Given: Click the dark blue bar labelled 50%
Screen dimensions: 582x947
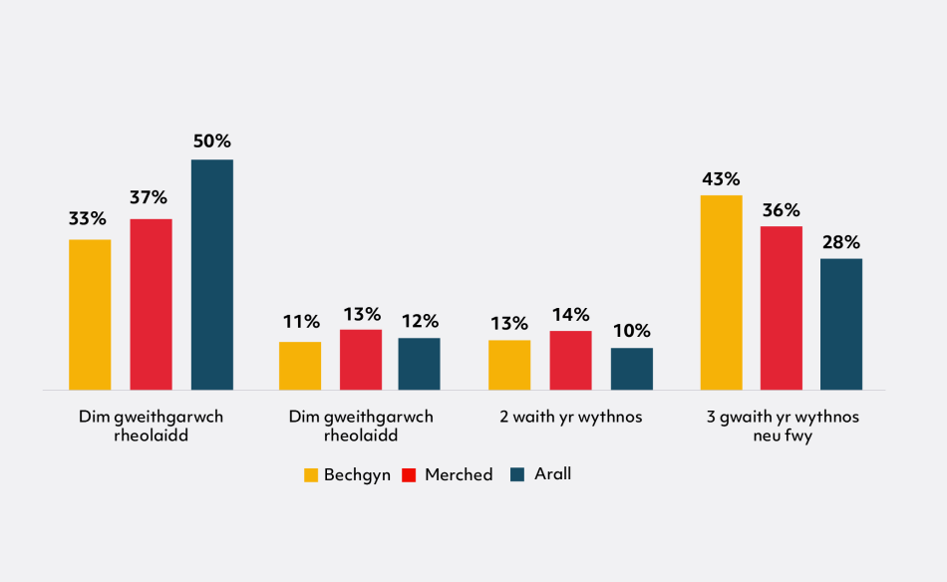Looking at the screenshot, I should click(211, 274).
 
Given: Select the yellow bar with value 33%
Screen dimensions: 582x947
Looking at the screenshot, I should click(90, 314).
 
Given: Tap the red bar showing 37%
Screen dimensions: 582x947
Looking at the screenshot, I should click(151, 304).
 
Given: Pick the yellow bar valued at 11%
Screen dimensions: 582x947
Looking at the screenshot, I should click(300, 366).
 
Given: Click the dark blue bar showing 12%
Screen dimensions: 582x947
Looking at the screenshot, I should click(419, 364).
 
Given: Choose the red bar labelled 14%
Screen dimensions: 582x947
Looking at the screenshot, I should click(571, 360).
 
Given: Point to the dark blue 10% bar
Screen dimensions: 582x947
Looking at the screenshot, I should click(631, 369).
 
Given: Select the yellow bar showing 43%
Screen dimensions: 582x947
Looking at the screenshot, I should click(721, 292).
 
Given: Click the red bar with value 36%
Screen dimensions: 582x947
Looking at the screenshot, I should click(781, 308).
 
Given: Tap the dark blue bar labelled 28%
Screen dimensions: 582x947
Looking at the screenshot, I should click(840, 324).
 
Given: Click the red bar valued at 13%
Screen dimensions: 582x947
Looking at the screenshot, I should click(360, 359).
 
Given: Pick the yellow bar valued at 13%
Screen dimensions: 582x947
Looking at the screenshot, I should click(509, 365).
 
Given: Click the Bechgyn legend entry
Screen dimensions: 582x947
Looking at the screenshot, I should click(347, 475).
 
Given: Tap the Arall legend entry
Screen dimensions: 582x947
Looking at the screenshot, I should click(540, 474).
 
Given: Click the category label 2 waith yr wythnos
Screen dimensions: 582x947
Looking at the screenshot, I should click(570, 418).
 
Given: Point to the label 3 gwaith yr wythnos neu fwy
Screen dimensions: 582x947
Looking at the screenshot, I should click(782, 427).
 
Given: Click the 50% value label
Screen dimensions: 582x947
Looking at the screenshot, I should click(211, 142).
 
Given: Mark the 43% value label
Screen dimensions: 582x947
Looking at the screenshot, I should click(721, 179).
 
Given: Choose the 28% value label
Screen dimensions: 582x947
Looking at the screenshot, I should click(840, 242).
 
